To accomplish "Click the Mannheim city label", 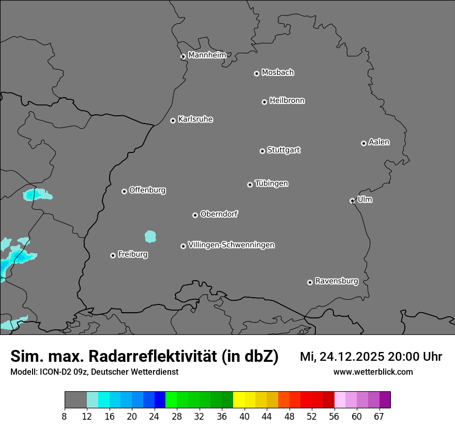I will click(x=207, y=55).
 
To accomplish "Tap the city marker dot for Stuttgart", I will click(x=262, y=151).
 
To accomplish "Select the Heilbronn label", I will click(x=287, y=101).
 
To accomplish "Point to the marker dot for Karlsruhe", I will click(x=173, y=120).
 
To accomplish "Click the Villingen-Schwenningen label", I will click(x=231, y=245).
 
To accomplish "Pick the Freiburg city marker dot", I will click(x=113, y=255).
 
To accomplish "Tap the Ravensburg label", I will click(x=337, y=281).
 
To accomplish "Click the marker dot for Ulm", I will click(x=352, y=201).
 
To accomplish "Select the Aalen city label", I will click(x=379, y=142).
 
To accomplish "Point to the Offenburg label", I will click(x=147, y=190).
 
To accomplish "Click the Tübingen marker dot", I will click(x=250, y=185).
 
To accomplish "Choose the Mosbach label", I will click(x=278, y=73).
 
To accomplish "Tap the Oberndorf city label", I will click(x=219, y=214).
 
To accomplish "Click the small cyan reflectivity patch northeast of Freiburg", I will click(x=150, y=237).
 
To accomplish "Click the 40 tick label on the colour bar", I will click(x=245, y=417).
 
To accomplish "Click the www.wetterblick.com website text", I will click(x=373, y=372).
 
